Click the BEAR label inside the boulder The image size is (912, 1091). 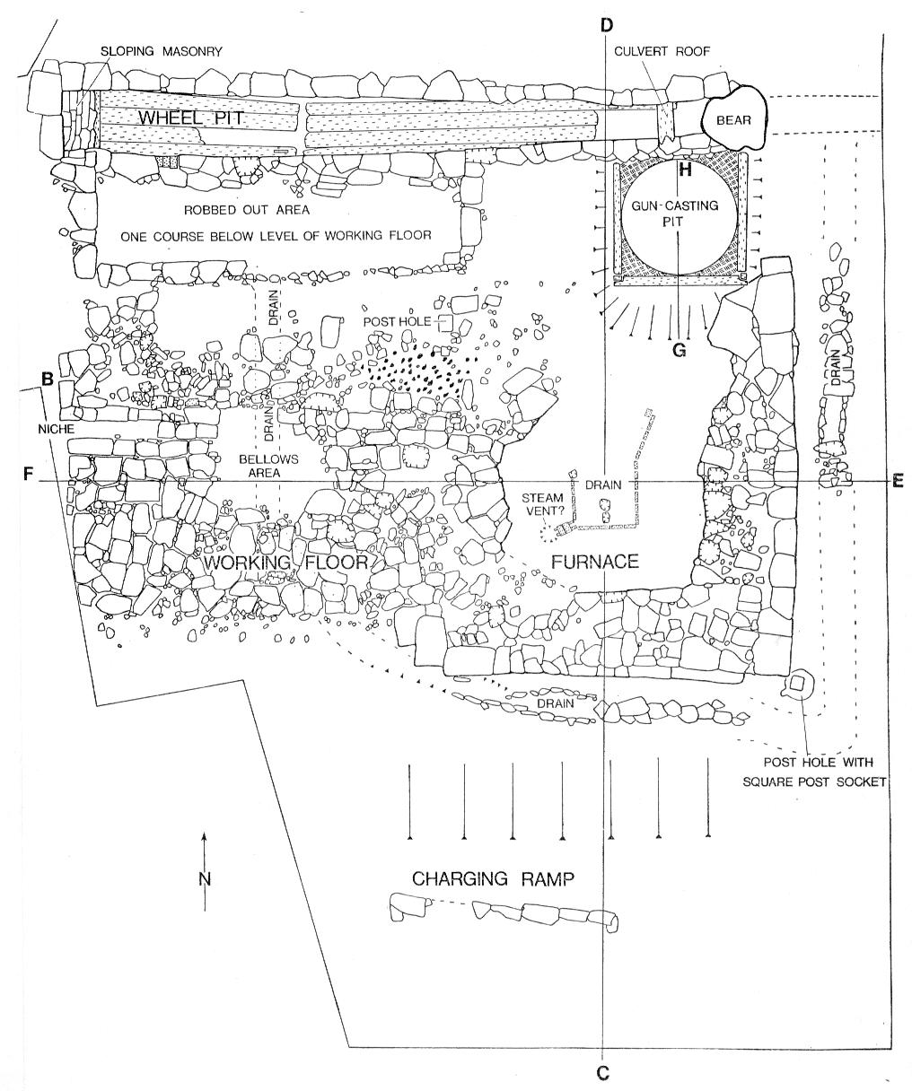click(x=733, y=120)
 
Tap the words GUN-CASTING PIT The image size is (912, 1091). click(x=675, y=214)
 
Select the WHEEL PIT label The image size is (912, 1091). click(x=191, y=118)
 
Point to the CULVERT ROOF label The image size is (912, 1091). click(x=662, y=51)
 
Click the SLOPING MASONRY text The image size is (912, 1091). click(x=162, y=51)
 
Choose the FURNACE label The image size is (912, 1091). click(x=595, y=562)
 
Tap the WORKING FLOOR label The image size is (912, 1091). click(x=285, y=563)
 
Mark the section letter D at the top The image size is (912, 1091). click(x=606, y=25)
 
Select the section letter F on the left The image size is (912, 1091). click(x=28, y=474)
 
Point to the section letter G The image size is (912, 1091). click(x=679, y=350)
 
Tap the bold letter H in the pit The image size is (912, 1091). click(x=685, y=170)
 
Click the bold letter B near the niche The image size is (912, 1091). click(x=48, y=379)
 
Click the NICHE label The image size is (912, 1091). click(x=57, y=429)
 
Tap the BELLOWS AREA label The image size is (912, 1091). click(x=268, y=466)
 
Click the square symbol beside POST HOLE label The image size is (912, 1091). click(x=444, y=323)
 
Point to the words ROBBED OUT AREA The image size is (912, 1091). click(x=247, y=210)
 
